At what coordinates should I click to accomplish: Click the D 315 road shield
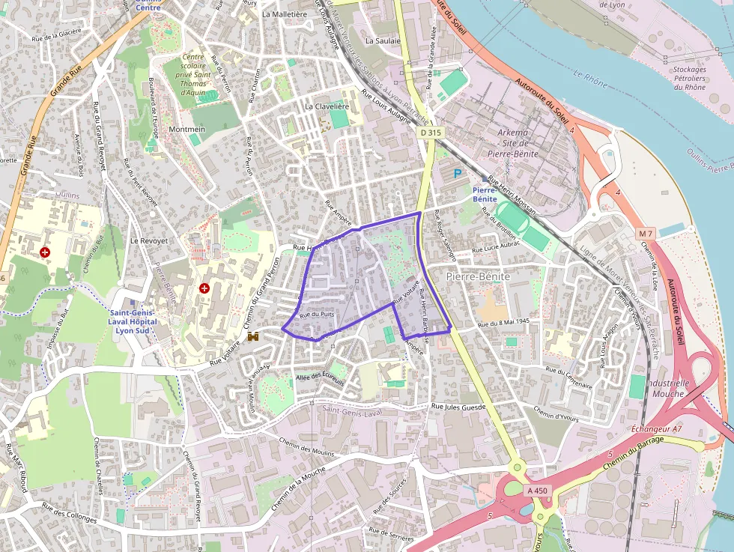[431, 133]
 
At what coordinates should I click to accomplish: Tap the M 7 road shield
[646, 234]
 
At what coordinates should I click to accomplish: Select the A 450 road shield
[539, 491]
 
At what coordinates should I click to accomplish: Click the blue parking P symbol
[458, 174]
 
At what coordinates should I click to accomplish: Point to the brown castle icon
[253, 336]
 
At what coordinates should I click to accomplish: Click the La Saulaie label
[383, 40]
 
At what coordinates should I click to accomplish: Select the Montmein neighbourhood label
[186, 130]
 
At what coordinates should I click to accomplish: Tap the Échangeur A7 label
[656, 428]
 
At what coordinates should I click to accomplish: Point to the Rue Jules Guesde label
[458, 407]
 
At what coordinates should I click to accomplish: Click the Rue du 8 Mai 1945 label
[503, 322]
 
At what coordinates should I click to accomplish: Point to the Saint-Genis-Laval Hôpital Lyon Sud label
[133, 321]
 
